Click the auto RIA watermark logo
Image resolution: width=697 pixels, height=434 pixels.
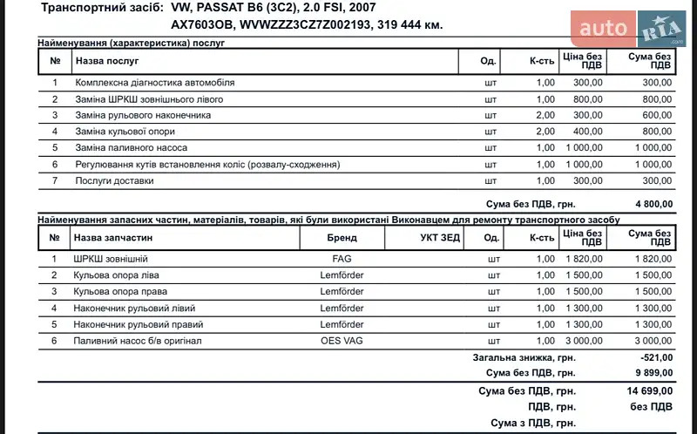click(633, 29)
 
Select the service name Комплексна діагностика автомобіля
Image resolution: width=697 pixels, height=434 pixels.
click(155, 83)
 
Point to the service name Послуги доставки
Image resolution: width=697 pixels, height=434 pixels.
click(114, 180)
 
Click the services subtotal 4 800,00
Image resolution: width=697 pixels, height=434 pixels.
click(653, 203)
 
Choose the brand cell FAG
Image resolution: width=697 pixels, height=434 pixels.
click(342, 259)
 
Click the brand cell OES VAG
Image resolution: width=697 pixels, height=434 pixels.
click(342, 341)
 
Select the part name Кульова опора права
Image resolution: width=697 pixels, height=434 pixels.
click(120, 291)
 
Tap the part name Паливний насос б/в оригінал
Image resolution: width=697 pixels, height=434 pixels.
click(138, 341)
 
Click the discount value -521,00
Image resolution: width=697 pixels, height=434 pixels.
click(655, 357)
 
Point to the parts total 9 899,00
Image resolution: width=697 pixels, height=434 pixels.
click(653, 373)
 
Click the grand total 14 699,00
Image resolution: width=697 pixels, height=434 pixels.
click(650, 391)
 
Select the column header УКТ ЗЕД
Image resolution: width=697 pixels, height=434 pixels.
click(439, 237)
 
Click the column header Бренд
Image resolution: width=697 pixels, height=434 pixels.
click(342, 237)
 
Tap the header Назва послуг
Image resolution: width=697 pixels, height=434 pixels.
click(107, 61)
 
